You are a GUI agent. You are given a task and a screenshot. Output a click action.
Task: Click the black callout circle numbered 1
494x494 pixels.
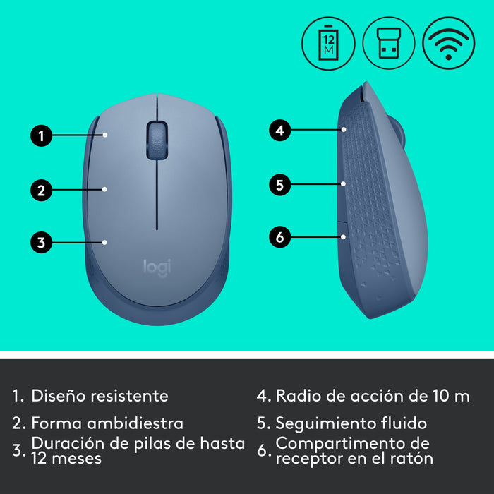42,135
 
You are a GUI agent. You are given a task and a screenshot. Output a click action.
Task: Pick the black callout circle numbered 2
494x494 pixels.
42,189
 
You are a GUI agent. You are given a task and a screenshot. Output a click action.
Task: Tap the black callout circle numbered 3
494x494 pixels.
42,243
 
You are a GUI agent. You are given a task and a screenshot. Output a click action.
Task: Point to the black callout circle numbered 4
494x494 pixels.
280,130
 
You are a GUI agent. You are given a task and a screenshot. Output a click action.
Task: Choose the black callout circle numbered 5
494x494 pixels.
280,185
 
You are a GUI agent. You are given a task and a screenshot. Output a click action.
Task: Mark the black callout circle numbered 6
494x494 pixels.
280,238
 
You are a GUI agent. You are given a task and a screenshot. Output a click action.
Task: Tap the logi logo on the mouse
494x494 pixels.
157,267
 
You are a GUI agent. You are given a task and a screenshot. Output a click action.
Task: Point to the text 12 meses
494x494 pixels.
66,458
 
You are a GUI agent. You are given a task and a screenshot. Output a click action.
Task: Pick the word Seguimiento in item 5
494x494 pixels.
321,423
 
